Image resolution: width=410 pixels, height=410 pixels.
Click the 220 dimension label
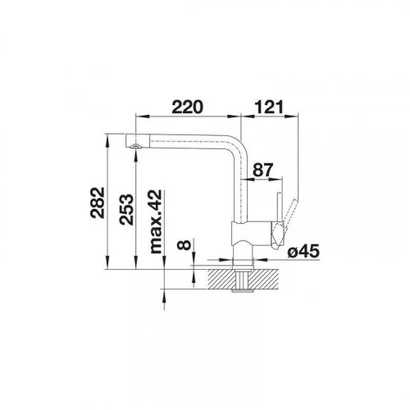pyautogui.click(x=188, y=107)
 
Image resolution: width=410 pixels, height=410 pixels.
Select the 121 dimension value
pyautogui.click(x=269, y=107)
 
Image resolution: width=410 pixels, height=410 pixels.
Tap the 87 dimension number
pyautogui.click(x=262, y=170)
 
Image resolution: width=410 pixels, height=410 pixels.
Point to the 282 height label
pyautogui.click(x=98, y=203)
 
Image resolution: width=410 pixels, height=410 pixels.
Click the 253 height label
pyautogui.click(x=126, y=210)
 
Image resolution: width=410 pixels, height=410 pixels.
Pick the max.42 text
pyautogui.click(x=156, y=221)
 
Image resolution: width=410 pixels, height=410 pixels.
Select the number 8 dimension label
pyautogui.click(x=184, y=245)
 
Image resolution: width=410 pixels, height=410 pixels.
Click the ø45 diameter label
pyautogui.click(x=303, y=251)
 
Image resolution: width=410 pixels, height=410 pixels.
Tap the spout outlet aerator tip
pyautogui.click(x=135, y=146)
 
